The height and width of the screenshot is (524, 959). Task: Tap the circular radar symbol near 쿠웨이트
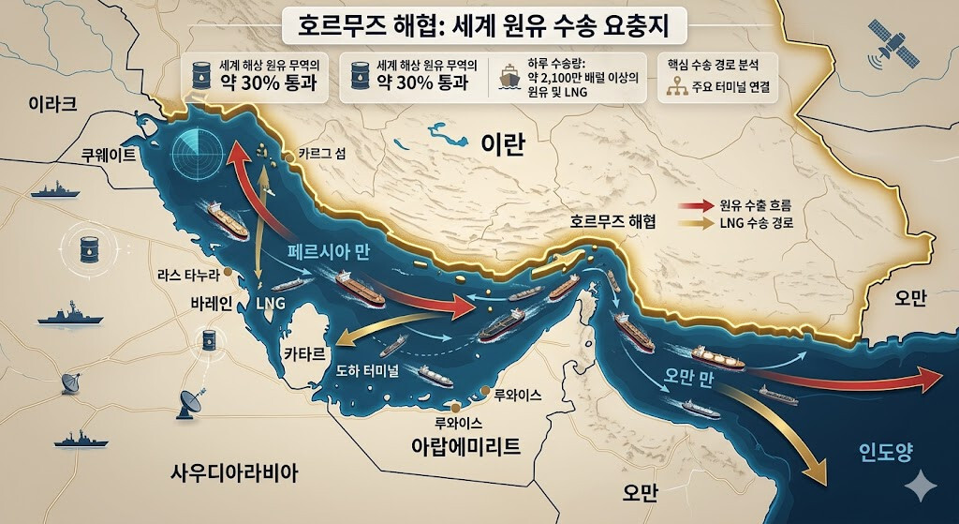point(199,149)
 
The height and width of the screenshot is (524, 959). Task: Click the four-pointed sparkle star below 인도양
point(920,484)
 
